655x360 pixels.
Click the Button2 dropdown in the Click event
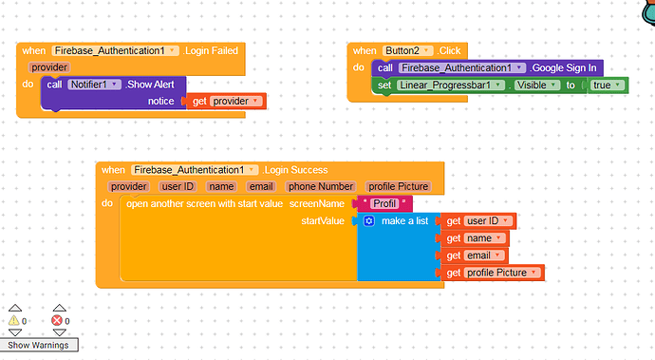click(x=408, y=50)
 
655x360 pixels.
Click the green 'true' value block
click(x=604, y=85)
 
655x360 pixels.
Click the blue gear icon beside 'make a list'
click(x=368, y=220)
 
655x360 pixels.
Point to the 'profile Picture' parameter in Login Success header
click(x=399, y=186)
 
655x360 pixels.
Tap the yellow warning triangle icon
click(x=14, y=321)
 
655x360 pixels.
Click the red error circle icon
click(x=56, y=321)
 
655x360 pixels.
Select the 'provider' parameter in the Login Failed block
click(x=49, y=67)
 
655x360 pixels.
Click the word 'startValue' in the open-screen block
click(x=323, y=220)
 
